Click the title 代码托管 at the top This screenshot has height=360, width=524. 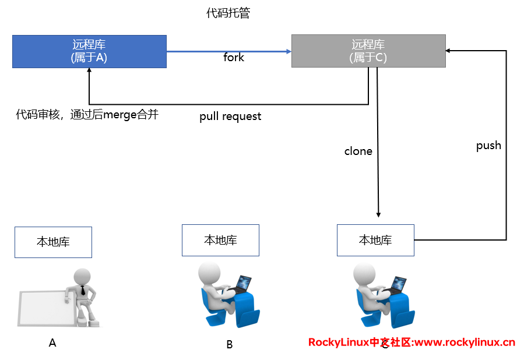(x=228, y=13)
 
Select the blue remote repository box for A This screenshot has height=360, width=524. (x=89, y=51)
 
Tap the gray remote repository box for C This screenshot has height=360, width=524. (x=368, y=51)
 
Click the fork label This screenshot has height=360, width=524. (x=234, y=58)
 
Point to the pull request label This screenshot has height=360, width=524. (x=230, y=117)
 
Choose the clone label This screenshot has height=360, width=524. (x=358, y=151)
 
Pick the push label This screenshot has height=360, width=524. (x=488, y=146)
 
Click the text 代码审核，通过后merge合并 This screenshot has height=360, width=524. (x=87, y=115)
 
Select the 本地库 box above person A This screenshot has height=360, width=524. (x=53, y=242)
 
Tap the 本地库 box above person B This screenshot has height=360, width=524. (x=220, y=240)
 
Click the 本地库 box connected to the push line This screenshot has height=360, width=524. (x=375, y=240)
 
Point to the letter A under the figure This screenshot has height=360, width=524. (x=52, y=343)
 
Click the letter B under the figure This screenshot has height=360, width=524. (x=229, y=344)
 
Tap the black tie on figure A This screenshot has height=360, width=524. (x=83, y=290)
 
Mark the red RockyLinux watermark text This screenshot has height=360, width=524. (x=412, y=343)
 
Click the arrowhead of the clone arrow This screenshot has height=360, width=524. (x=379, y=214)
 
